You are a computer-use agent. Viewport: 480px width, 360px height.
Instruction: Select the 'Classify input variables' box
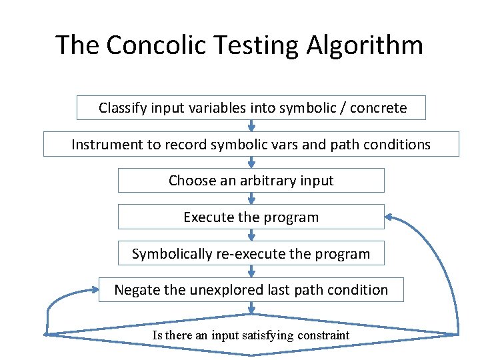point(251,107)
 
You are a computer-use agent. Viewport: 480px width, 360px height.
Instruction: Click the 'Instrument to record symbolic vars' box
point(251,144)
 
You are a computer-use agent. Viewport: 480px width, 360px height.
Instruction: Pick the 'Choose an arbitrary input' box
point(251,180)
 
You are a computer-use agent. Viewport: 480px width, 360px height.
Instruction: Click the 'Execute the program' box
point(251,217)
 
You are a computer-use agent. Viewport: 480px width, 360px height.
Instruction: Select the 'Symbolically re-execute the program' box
point(251,253)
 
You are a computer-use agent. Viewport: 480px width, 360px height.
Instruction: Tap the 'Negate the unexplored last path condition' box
point(251,289)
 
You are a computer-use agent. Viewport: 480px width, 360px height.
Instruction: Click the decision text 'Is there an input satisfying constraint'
point(251,335)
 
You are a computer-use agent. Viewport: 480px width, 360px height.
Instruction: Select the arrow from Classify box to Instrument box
point(251,125)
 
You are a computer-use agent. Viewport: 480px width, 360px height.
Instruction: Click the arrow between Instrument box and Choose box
point(251,162)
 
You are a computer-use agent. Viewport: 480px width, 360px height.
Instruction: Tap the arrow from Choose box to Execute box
point(251,199)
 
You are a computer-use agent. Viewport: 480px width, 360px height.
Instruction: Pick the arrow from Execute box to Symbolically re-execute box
point(251,235)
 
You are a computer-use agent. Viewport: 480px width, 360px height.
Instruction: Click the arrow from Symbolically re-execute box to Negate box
point(251,271)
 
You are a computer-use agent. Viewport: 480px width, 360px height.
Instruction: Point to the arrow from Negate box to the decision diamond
point(251,308)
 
